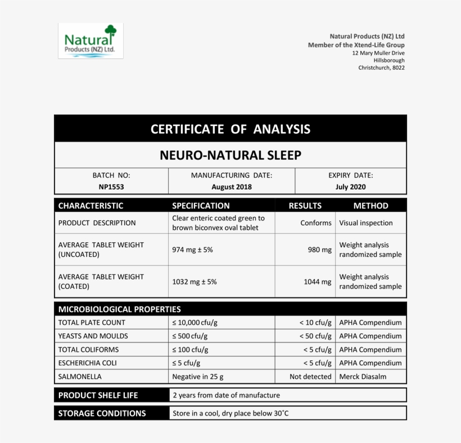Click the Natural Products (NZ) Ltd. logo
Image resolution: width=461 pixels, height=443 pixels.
coord(91,40)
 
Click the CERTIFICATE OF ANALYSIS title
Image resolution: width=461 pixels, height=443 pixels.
coord(230,129)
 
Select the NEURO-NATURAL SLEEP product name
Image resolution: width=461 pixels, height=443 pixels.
coord(230,155)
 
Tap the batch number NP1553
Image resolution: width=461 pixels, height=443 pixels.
coord(111,187)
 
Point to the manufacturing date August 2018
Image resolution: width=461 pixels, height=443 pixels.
coord(232,187)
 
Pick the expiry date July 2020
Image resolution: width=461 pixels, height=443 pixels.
coord(350,187)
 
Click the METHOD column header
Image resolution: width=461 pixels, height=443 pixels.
coord(370,206)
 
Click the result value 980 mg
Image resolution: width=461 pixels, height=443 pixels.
coord(319,250)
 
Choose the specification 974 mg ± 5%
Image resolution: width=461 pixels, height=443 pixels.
coord(192,250)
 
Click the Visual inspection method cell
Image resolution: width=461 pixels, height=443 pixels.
coord(365,223)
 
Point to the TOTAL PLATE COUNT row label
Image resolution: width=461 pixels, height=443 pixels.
coord(92,323)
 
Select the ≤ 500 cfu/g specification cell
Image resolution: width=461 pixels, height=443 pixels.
coord(189,336)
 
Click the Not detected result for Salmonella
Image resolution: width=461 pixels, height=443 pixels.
coord(310,377)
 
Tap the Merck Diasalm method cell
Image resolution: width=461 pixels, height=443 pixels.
coord(363,377)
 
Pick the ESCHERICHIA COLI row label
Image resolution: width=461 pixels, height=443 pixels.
coord(87,363)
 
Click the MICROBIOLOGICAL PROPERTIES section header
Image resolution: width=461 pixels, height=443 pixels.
coord(120,309)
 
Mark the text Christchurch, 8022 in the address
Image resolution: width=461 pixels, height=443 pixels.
coord(381,68)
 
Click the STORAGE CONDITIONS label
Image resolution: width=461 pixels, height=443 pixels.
coord(102,414)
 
